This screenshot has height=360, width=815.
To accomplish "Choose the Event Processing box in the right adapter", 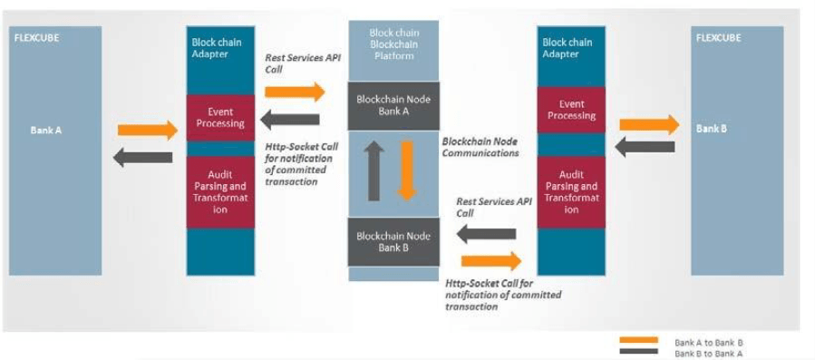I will pyautogui.click(x=571, y=110).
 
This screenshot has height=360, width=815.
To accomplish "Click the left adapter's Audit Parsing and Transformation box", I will pyautogui.click(x=220, y=191).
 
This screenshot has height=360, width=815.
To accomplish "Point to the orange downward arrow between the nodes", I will pyautogui.click(x=407, y=169).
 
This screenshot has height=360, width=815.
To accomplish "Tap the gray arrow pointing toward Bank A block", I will pyautogui.click(x=142, y=157).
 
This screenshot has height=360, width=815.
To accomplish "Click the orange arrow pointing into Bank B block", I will pyautogui.click(x=649, y=124).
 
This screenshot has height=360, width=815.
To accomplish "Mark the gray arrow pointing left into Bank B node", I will pyautogui.click(x=485, y=236).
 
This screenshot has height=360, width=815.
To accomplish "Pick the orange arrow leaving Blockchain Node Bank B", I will pyautogui.click(x=491, y=262).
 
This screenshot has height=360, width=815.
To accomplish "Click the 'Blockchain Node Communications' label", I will pyautogui.click(x=480, y=147).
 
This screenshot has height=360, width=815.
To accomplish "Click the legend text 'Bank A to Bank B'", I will pyautogui.click(x=709, y=342).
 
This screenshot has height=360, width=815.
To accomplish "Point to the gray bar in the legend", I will pyautogui.click(x=639, y=351).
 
